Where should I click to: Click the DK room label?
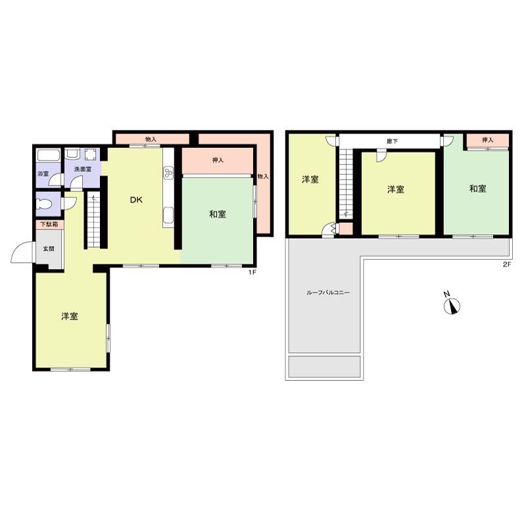point(136,200)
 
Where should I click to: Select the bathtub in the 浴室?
point(49,156)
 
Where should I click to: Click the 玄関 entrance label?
point(49,249)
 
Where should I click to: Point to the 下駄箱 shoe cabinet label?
point(50,224)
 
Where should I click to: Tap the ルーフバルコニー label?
point(327,293)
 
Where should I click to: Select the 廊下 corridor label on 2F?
point(392,141)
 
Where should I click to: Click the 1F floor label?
point(252,272)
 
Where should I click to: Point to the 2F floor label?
point(506,264)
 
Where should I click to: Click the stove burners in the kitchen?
point(168,172)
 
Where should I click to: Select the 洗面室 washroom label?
point(83,170)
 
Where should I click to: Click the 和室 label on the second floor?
point(478,189)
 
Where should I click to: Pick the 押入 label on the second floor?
point(487,140)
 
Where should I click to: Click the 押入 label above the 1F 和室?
point(218,160)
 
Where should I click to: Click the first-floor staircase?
point(94,220)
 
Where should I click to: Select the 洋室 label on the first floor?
point(70,316)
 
